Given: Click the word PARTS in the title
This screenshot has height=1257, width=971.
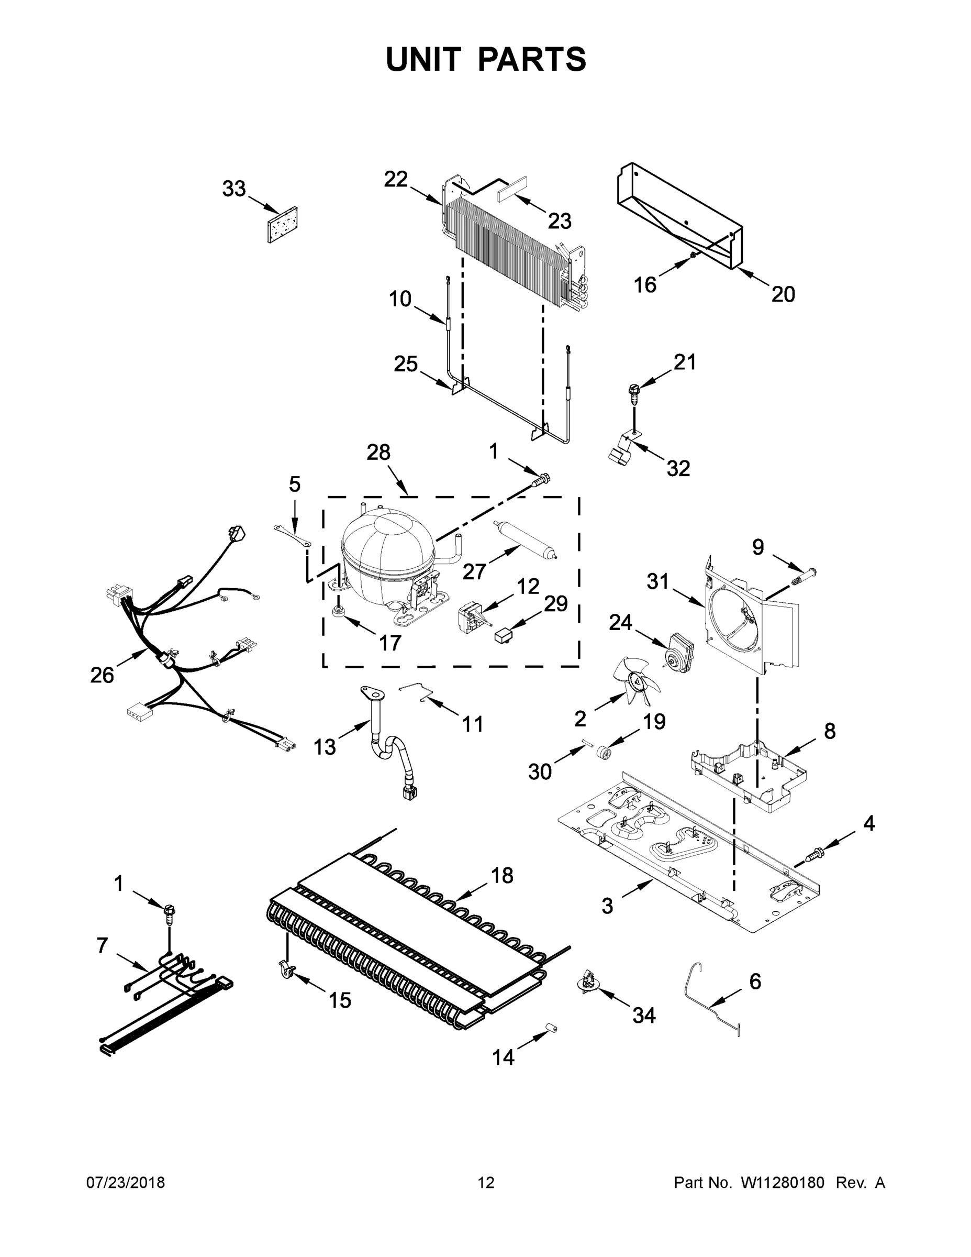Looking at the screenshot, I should (532, 59).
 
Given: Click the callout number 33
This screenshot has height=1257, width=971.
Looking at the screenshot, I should (233, 189).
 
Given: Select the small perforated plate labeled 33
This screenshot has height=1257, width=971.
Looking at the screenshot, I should (283, 225).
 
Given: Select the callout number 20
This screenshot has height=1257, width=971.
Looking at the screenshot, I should (783, 294).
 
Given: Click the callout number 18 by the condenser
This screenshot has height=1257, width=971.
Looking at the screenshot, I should (501, 875).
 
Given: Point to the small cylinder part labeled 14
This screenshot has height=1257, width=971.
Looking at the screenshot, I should (551, 1028).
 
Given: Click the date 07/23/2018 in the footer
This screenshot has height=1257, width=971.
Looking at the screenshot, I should (126, 1182).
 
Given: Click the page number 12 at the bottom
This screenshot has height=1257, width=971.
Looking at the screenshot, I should (486, 1182).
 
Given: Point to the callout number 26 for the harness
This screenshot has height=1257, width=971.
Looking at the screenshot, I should (102, 675).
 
